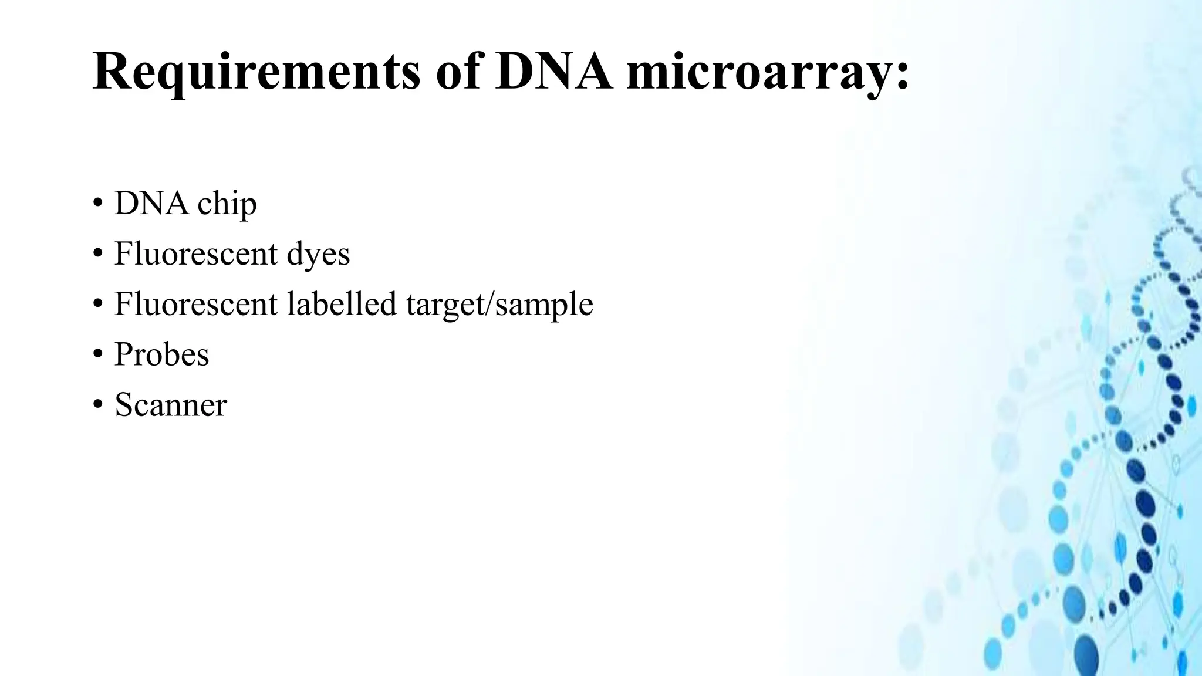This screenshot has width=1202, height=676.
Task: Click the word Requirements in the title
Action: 256,72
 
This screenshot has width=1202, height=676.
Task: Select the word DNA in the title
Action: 553,72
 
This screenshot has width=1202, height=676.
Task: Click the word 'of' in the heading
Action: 457,72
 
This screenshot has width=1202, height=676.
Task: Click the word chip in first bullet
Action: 227,204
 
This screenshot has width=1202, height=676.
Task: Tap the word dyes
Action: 318,255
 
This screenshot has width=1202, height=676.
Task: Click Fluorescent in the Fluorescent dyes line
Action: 195,253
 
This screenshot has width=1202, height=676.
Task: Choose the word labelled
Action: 342,304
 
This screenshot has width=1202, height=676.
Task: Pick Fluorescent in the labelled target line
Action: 195,304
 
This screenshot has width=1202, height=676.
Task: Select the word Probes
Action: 161,354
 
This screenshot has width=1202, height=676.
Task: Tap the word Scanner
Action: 170,405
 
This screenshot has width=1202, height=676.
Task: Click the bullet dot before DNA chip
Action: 97,205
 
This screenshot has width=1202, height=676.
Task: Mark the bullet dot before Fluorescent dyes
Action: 97,255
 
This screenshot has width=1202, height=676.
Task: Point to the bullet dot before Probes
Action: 97,356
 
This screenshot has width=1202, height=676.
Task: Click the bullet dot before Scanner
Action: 97,406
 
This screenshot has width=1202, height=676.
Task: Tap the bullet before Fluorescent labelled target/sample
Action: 97,306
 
